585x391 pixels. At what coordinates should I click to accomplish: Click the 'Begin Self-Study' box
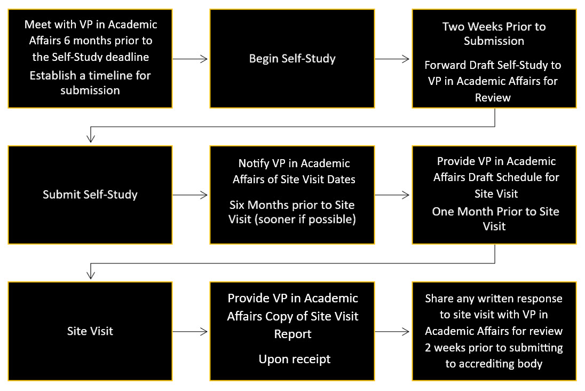(x=292, y=58)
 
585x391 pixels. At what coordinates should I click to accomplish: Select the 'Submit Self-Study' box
(x=90, y=194)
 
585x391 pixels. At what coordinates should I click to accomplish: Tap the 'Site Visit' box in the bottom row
(x=90, y=331)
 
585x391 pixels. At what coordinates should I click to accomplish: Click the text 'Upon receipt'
(x=294, y=359)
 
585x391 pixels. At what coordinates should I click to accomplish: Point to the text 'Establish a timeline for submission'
(x=90, y=83)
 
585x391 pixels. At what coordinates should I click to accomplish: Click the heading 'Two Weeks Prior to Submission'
(x=494, y=34)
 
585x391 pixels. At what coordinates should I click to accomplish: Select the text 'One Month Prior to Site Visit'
(x=495, y=218)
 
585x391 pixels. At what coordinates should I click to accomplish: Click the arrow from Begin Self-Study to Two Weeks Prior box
(x=393, y=59)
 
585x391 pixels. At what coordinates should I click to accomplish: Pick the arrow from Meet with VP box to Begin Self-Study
(x=191, y=59)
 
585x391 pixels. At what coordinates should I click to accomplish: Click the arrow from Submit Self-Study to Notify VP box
(x=191, y=195)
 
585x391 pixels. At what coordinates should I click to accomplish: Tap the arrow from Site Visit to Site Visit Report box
(x=191, y=331)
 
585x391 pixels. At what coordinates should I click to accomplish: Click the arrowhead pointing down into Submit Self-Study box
(x=91, y=138)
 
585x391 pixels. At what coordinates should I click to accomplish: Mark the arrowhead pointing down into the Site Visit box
(x=91, y=275)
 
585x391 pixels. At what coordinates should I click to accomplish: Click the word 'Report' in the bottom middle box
(x=292, y=334)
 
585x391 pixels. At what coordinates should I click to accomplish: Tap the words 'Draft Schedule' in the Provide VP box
(x=527, y=177)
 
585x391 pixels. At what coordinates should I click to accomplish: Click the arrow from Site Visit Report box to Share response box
(x=393, y=331)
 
